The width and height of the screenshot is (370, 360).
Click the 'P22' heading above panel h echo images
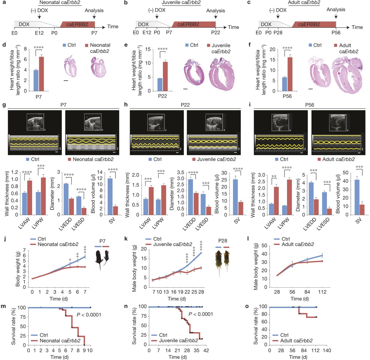[185, 105]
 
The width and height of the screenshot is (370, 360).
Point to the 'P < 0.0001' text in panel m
[89, 315]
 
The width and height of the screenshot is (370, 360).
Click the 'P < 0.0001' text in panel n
[201, 314]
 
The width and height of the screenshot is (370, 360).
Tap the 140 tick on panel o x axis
[327, 350]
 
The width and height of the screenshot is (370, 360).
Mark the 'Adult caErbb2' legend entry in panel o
[296, 341]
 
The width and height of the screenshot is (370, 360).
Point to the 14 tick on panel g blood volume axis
[100, 172]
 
